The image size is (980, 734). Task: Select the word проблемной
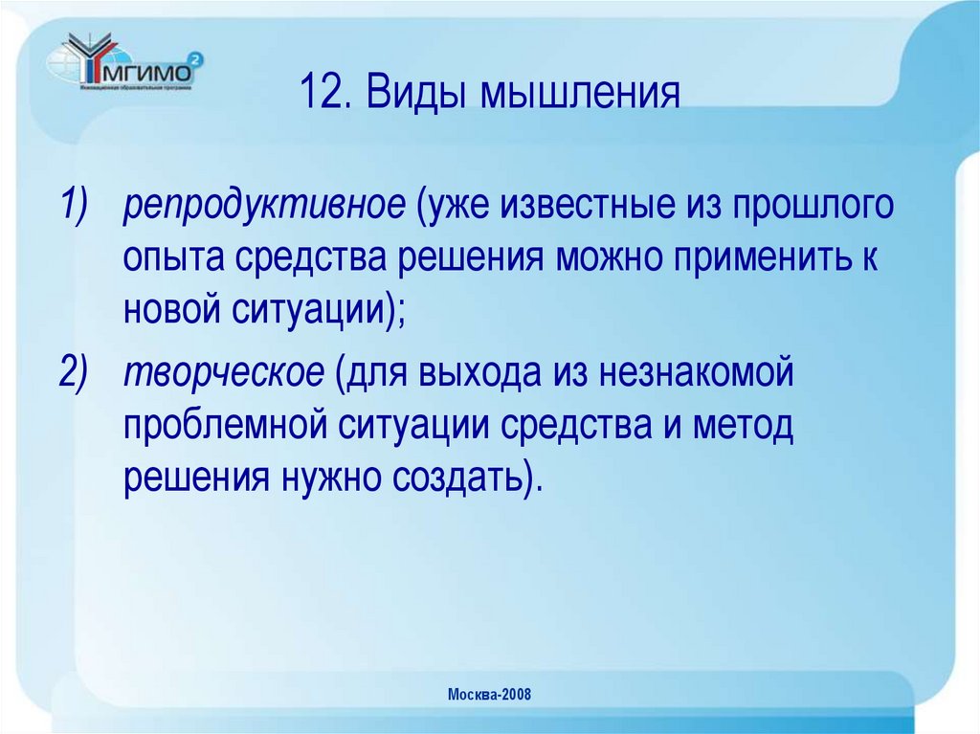click(223, 426)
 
